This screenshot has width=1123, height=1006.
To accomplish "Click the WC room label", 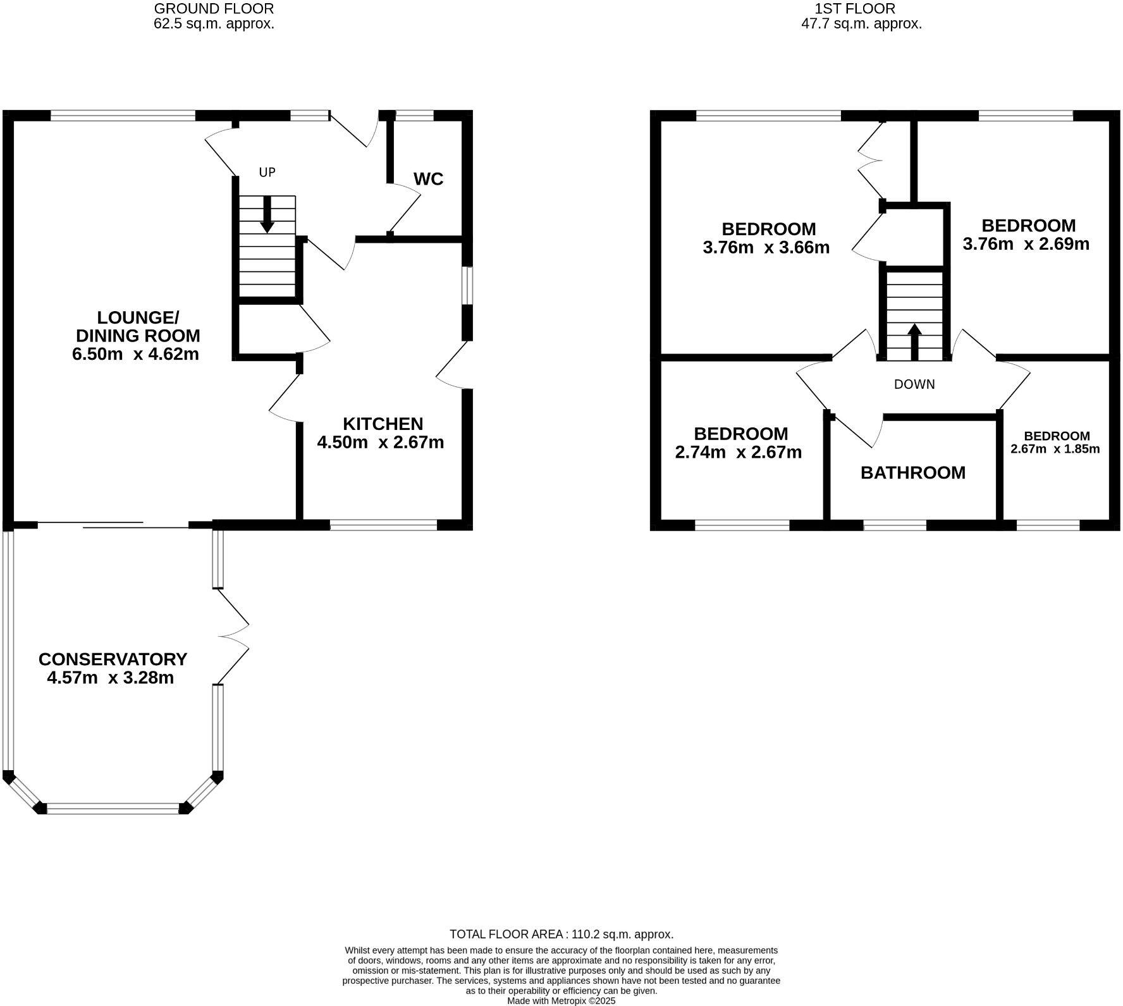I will click(x=428, y=179).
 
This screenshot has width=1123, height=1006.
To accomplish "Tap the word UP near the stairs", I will click(x=267, y=172).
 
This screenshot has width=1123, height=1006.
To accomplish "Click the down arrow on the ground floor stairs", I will click(x=267, y=215).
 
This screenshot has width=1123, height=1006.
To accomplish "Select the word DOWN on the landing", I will click(x=914, y=384).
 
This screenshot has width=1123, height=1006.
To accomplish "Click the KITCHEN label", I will click(x=383, y=424).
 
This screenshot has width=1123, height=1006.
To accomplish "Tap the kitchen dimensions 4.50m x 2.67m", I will click(x=380, y=442).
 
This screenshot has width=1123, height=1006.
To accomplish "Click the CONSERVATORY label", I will click(x=113, y=659).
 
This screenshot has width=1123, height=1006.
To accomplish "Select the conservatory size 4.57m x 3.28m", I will click(x=111, y=678).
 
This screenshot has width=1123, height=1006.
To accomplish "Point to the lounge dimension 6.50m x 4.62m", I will click(x=136, y=354).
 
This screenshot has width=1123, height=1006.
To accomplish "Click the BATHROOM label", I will click(x=913, y=473).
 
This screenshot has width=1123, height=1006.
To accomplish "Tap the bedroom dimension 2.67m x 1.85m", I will click(x=1055, y=450).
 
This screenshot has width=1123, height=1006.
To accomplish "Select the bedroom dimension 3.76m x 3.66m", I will click(x=766, y=247).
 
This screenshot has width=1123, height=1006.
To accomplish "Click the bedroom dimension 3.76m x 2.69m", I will click(x=1026, y=244).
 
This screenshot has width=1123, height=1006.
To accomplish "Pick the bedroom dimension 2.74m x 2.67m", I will click(x=739, y=452).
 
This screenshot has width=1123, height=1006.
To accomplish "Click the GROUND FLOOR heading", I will click(x=214, y=9).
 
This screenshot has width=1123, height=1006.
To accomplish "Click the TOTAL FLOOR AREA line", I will click(x=561, y=934).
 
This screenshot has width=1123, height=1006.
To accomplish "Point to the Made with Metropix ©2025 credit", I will click(x=561, y=1001).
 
